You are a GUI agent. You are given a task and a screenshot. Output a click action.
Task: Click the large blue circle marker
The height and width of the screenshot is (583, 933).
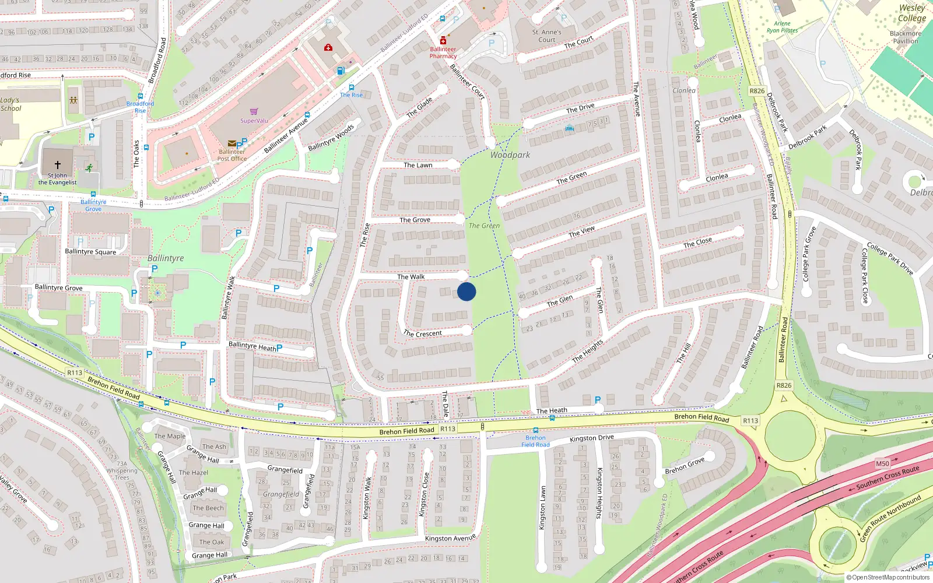point(466,291)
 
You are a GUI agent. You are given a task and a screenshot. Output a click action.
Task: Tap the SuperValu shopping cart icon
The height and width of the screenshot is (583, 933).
point(254,111)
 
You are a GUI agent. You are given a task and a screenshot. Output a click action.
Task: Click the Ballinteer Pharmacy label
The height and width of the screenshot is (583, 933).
point(443,52)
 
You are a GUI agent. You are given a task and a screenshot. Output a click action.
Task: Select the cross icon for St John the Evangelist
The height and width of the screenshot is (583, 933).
point(58,165)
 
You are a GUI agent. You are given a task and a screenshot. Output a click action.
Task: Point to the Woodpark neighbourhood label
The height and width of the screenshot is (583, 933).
point(510,155)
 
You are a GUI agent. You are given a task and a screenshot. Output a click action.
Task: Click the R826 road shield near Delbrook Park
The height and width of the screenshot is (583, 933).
point(757,91)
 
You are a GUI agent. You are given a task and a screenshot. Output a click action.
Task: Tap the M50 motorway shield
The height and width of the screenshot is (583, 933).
point(882,463)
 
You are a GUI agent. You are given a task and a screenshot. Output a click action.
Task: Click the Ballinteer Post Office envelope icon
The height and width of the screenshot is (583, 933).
point(232,143)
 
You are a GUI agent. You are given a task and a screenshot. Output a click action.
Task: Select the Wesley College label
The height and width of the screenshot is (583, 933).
point(912,13)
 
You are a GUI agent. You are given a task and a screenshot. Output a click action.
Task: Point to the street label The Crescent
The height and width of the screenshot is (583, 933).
point(423,333)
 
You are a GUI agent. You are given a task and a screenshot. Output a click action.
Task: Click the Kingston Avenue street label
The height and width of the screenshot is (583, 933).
point(450,538)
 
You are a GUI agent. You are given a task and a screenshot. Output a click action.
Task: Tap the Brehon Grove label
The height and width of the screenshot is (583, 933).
point(685,466)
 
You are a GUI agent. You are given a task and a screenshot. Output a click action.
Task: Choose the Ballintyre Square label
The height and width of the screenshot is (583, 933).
point(90,252)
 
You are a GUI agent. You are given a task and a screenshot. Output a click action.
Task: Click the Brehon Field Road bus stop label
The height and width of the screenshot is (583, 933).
point(535,441)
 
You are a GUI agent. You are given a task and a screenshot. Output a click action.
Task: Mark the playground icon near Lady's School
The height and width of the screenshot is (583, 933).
point(73,100)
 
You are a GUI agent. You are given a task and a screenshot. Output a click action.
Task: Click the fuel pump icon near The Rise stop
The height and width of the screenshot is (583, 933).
point(341,71)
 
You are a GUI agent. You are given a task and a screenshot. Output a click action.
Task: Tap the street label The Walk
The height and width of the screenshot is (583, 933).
point(411,277)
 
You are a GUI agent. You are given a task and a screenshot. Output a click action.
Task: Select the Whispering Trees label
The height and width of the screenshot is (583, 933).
point(122,474)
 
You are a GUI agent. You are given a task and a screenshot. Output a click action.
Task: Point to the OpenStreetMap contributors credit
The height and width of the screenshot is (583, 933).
point(888,578)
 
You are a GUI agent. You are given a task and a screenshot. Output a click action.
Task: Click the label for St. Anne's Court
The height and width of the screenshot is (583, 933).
point(547,36)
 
